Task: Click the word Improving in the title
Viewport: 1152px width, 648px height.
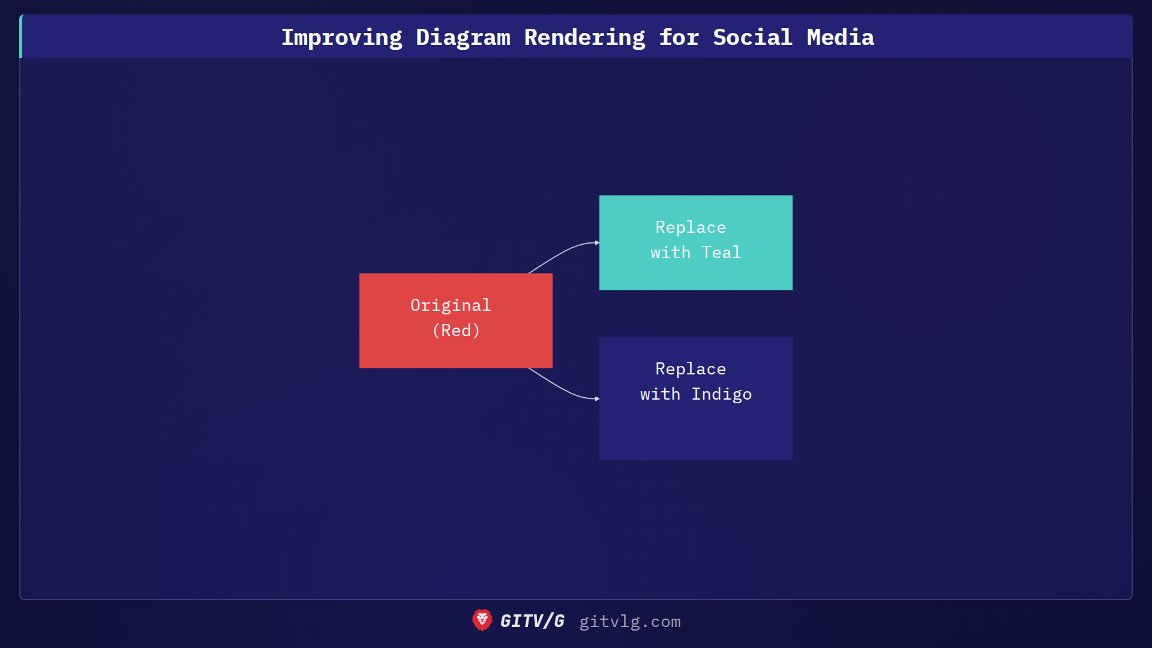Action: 341,37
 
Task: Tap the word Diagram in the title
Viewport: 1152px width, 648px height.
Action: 463,37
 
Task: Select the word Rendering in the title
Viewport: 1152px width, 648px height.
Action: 584,37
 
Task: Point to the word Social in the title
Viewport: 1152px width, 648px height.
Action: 752,37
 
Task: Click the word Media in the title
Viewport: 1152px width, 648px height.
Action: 840,37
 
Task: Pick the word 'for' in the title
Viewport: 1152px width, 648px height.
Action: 679,37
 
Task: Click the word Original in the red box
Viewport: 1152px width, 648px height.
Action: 450,305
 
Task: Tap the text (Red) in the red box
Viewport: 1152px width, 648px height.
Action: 456,331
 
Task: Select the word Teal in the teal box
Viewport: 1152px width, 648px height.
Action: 721,253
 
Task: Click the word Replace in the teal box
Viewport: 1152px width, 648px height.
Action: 691,227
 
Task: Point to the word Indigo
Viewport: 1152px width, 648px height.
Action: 721,394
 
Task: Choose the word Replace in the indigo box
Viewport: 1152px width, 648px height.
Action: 691,369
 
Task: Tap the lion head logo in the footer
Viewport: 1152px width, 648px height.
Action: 482,620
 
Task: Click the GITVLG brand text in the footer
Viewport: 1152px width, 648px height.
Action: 532,621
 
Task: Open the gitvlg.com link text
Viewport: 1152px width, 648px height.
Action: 629,622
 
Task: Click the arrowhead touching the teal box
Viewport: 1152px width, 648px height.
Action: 597,243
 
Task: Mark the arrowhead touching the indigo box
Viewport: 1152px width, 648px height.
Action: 597,398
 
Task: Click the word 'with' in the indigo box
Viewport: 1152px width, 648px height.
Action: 660,394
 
